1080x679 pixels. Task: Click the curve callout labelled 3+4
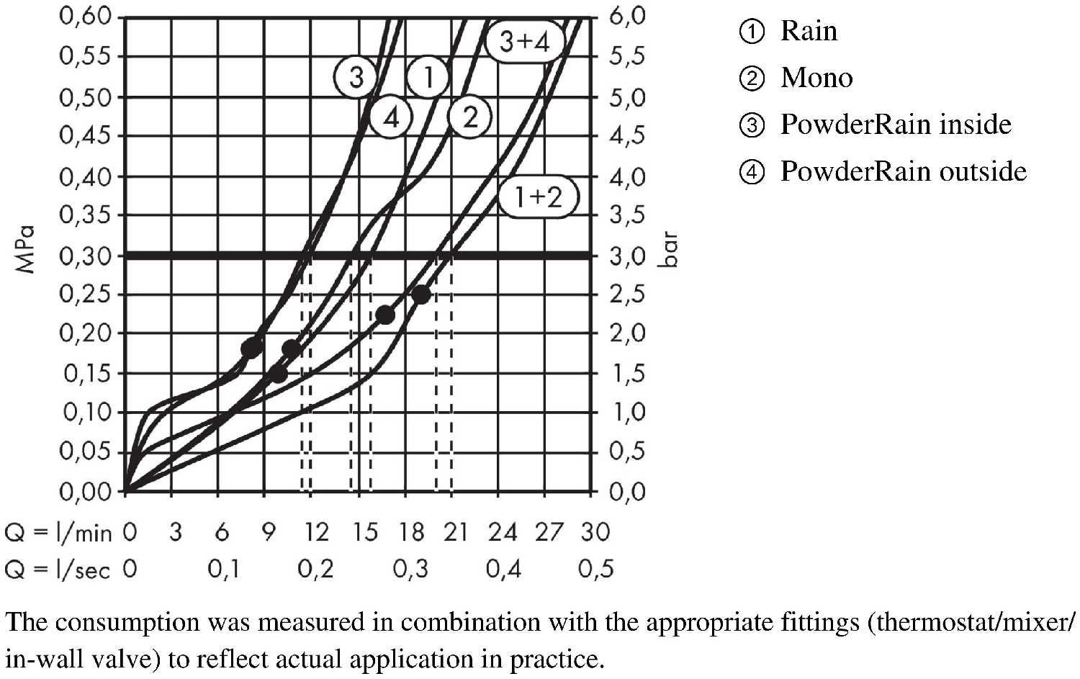tap(524, 42)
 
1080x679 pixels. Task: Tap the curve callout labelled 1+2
tap(538, 196)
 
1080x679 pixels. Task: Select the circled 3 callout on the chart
tap(356, 76)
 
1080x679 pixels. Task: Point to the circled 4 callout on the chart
tap(391, 117)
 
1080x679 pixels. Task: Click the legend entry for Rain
tap(809, 31)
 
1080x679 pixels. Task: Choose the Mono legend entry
tap(816, 78)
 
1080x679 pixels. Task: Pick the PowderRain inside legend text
tap(896, 125)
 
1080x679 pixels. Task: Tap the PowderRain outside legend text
tap(903, 171)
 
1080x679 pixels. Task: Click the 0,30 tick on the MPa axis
tap(86, 256)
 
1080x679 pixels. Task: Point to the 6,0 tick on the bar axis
tap(627, 16)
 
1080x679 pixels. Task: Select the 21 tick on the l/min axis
tap(456, 532)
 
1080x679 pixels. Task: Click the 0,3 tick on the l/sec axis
tap(410, 570)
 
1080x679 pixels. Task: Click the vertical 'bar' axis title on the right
tap(669, 249)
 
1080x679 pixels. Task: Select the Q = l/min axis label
tap(58, 533)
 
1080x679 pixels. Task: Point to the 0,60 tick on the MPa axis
tap(86, 16)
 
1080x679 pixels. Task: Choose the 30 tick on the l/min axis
tap(595, 532)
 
